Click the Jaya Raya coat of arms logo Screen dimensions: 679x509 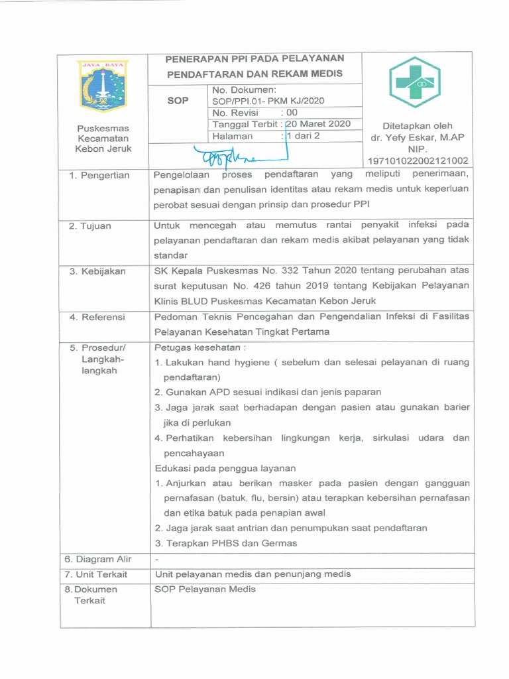click(x=103, y=86)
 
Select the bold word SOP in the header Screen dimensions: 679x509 click(x=177, y=101)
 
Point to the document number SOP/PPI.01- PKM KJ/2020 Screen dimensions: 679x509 click(x=268, y=101)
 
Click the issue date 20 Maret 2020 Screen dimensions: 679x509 click(x=319, y=124)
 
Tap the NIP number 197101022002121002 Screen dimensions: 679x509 click(x=418, y=160)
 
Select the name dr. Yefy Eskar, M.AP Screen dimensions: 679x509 click(x=418, y=137)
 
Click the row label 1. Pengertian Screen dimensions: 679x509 click(x=99, y=175)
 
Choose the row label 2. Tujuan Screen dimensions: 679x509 click(x=91, y=226)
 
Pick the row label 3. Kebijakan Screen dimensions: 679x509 click(x=97, y=271)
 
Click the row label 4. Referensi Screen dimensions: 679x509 click(x=97, y=317)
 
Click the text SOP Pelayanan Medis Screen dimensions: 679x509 click(x=205, y=589)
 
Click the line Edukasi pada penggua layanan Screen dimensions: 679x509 click(x=225, y=468)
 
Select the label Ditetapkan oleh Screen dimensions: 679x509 click(x=418, y=126)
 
